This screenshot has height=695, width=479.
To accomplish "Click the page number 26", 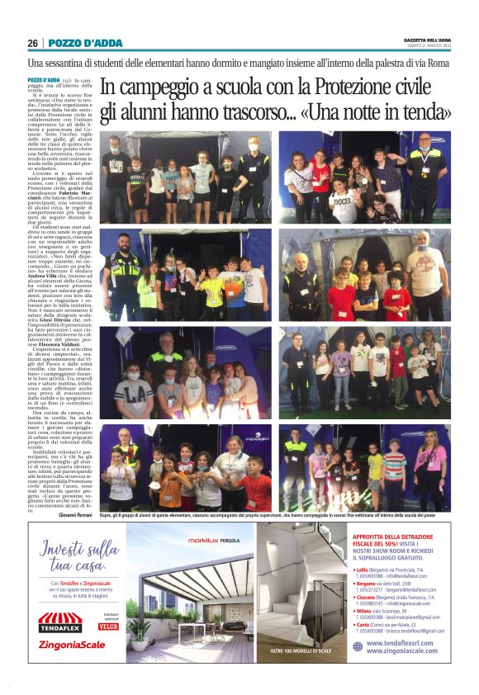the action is pos(32,43).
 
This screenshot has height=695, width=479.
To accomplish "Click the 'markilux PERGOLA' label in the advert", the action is pos(216,541).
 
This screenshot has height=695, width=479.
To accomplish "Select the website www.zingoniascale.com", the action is pos(401,651).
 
